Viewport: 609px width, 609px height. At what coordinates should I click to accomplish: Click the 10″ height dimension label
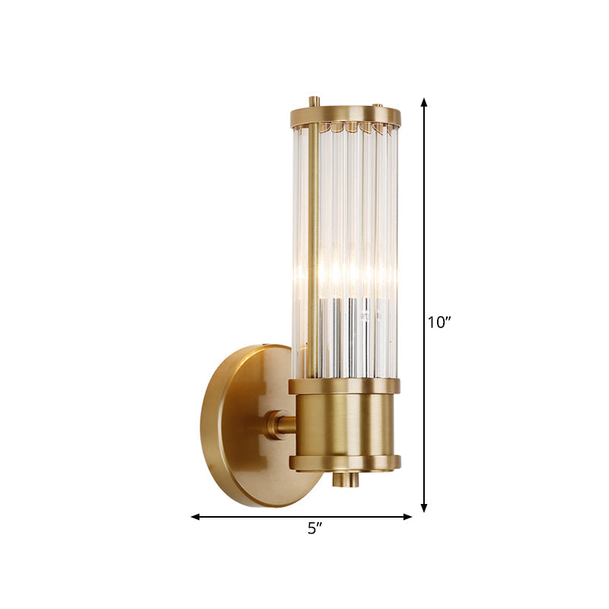(439, 322)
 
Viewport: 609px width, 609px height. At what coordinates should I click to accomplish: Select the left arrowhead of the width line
(196, 517)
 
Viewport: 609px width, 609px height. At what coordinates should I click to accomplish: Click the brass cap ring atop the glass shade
(345, 116)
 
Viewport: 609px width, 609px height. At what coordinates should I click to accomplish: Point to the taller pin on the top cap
(314, 101)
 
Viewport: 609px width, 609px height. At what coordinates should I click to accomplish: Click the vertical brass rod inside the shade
(312, 251)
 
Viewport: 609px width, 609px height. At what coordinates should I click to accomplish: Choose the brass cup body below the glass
(345, 423)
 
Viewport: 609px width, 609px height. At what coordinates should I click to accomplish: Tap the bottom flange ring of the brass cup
(345, 462)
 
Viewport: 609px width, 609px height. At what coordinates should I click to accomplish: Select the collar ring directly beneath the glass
(344, 385)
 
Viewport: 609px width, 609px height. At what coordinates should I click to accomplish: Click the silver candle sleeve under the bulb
(346, 335)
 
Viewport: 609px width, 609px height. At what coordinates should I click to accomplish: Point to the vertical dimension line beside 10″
(424, 228)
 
